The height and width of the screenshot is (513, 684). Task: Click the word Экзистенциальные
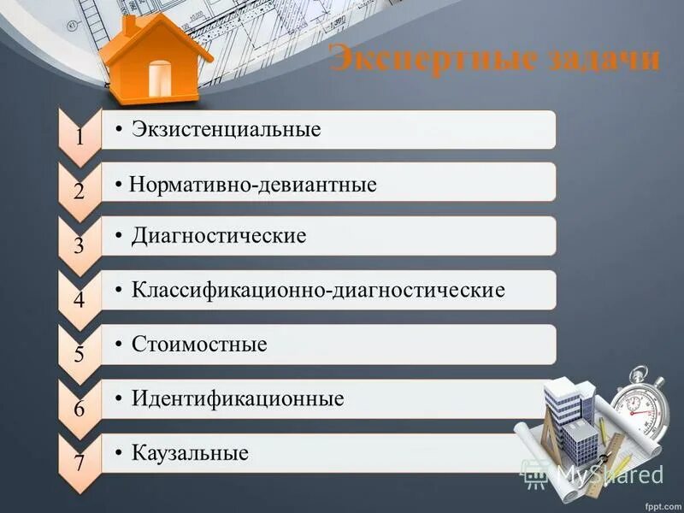point(227,130)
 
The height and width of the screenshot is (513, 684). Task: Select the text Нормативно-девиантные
point(253,185)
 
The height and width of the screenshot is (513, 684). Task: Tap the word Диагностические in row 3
point(219,235)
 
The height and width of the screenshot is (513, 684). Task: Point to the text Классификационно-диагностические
point(318,290)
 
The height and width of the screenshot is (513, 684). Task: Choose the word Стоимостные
point(199,345)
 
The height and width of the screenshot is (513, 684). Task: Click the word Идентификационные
point(238,398)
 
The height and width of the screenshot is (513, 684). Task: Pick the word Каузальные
point(190,452)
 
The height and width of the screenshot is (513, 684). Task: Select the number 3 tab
point(79,246)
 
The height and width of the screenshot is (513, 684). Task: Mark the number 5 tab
point(79,354)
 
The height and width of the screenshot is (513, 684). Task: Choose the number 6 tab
point(79,409)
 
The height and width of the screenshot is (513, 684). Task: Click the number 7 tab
point(79,464)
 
